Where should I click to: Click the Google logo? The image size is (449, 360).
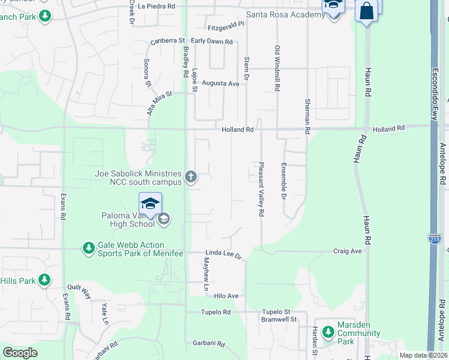click(x=20, y=353)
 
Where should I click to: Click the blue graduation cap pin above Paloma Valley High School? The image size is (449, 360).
click(x=150, y=203)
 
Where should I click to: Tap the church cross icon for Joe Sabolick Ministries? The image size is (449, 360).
click(x=191, y=176)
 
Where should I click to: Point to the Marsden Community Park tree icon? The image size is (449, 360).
click(x=327, y=331)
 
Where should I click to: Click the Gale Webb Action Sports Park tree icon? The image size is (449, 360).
click(x=88, y=248)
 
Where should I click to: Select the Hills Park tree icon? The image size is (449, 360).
click(x=44, y=280)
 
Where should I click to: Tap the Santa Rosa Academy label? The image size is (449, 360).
click(x=285, y=14)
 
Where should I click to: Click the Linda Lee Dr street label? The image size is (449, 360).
click(x=223, y=256)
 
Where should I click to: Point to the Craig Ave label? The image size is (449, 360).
click(x=348, y=251)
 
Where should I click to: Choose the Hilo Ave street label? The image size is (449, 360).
click(x=226, y=296)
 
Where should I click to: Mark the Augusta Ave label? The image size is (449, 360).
click(x=220, y=83)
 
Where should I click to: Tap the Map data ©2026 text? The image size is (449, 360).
click(x=423, y=355)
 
